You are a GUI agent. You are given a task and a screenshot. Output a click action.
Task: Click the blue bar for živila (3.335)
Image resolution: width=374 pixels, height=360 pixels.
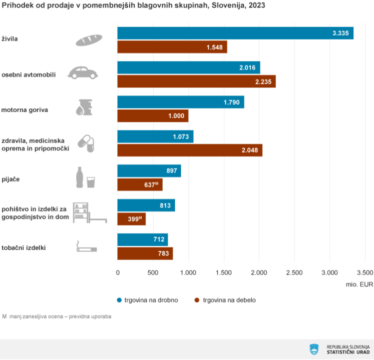tap(235, 33)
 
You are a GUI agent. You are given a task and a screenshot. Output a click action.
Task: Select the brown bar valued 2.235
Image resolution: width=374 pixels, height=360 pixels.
tap(196, 81)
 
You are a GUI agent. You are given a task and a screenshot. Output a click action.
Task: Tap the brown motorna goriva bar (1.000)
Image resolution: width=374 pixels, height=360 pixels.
tap(153, 116)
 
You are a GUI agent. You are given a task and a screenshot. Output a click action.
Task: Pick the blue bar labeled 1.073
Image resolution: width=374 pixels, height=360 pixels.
tap(155, 136)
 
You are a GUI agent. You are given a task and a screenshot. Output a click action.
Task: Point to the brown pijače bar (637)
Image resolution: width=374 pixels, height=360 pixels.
tap(140, 185)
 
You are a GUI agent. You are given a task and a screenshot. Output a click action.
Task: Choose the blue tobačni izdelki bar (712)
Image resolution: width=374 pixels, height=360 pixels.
tap(143, 239)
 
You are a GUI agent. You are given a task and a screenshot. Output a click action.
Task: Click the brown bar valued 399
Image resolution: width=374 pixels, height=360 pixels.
tap(131, 219)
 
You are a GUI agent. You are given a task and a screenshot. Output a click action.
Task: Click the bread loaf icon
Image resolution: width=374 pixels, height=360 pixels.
tap(89, 40)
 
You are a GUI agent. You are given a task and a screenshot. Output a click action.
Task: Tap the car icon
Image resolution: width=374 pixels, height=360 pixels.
tap(83, 73)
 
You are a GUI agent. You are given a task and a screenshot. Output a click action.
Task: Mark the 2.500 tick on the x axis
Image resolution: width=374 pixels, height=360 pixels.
tap(294, 272)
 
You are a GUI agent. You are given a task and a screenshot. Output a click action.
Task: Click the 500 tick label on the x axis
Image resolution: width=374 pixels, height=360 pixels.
tap(153, 272)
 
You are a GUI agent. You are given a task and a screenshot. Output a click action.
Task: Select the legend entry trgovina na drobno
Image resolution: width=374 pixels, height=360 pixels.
tap(147, 300)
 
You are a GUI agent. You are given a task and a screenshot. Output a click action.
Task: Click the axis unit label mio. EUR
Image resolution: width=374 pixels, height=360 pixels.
tap(359, 284)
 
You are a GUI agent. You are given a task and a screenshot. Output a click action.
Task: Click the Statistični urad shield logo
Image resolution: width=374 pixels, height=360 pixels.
tap(314, 349)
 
